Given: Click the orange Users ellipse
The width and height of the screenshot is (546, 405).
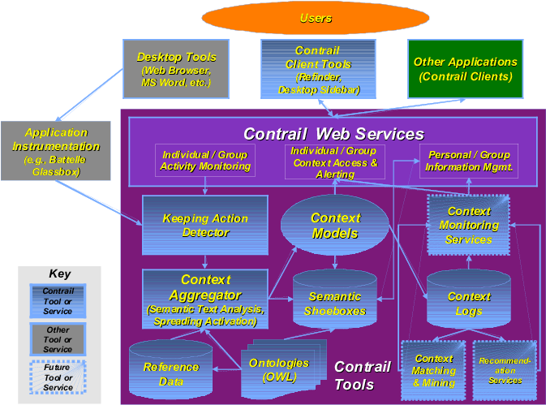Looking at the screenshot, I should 316,17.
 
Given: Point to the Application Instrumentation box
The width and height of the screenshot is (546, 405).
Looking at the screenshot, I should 56,152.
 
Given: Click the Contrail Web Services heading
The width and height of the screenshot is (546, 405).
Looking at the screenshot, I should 333,133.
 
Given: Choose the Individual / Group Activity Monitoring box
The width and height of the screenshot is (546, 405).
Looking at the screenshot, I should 205,161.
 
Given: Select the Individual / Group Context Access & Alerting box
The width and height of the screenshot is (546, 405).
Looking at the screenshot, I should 335,162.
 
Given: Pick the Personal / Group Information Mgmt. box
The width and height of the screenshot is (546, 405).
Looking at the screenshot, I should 469,161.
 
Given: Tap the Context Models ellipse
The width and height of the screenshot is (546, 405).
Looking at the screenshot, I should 334,226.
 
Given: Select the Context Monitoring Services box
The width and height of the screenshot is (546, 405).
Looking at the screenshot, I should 468,225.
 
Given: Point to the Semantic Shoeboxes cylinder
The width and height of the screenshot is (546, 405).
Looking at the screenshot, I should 334,303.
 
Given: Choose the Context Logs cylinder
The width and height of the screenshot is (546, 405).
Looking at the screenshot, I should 468,303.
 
